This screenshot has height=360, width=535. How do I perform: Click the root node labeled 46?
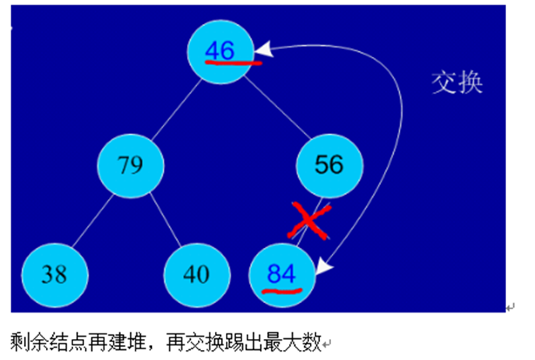coord(220,51)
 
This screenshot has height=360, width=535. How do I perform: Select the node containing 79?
coord(131,164)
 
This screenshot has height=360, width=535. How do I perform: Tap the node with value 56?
coord(329,164)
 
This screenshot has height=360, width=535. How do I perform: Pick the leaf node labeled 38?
coord(55,274)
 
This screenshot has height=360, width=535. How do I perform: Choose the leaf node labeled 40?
coord(197,274)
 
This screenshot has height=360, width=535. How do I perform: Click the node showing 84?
coord(282,274)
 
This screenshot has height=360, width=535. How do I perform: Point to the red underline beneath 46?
coord(233,62)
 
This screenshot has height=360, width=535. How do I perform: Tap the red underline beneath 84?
coord(281,290)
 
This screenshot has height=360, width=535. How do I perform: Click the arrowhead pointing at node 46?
coord(265,49)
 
